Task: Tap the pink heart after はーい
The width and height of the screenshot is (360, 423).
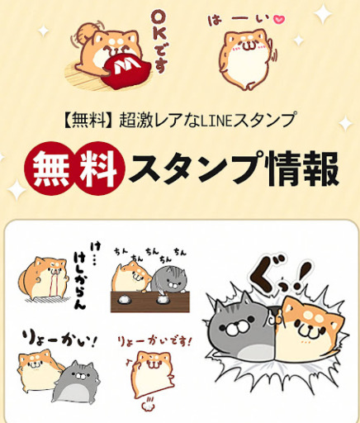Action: [279, 19]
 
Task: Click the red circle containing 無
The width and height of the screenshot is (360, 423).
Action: [52, 169]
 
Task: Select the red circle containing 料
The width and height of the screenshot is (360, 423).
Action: [98, 169]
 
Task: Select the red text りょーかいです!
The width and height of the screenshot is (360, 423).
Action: [154, 341]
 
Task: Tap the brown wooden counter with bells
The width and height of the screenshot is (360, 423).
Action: [150, 302]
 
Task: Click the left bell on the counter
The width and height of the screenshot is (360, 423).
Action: [124, 299]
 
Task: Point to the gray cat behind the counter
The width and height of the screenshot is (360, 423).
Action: [168, 279]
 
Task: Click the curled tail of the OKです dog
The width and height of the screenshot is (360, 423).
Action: [86, 30]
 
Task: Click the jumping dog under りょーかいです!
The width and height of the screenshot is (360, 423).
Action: [152, 373]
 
